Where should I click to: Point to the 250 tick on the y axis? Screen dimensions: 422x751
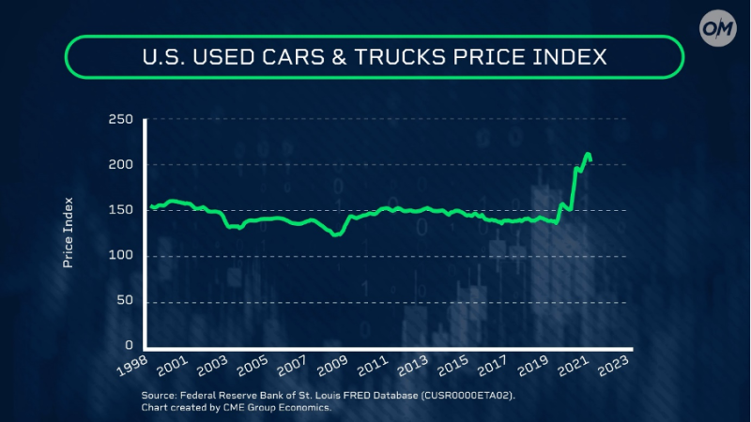pyautogui.click(x=122, y=120)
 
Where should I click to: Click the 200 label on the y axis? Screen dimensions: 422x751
pyautogui.click(x=122, y=165)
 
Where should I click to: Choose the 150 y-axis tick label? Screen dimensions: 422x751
pyautogui.click(x=122, y=210)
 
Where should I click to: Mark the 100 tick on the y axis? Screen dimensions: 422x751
pyautogui.click(x=122, y=255)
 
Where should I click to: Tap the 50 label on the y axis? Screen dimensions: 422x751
pyautogui.click(x=126, y=301)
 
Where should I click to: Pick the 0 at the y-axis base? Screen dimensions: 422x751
pyautogui.click(x=130, y=346)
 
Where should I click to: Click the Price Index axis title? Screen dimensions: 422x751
pyautogui.click(x=69, y=233)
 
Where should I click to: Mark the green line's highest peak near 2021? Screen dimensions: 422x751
pyautogui.click(x=588, y=154)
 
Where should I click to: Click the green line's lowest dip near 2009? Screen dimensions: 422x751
pyautogui.click(x=335, y=235)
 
